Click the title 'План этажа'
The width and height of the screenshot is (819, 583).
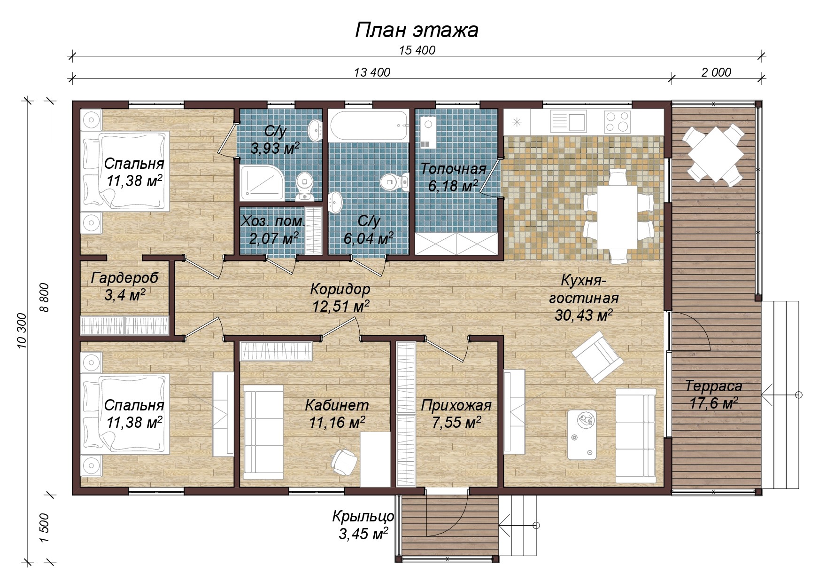417,30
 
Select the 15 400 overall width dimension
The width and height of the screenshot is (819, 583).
417,50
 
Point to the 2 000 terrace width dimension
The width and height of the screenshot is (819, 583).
716,72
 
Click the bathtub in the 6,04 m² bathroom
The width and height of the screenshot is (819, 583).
369,126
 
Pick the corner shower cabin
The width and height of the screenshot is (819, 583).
262,183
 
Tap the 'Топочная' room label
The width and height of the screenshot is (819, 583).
453,169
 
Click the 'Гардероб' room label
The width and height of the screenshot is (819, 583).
124,278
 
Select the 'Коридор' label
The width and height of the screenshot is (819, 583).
340,289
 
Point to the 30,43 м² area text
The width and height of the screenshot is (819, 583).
584,315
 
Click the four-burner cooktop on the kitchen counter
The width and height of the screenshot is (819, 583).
617,121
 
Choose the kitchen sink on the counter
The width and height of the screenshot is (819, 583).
568,121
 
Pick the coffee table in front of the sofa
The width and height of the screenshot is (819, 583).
582,435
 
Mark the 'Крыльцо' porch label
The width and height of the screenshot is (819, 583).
363,517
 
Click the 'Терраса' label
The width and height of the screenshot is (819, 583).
713,386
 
